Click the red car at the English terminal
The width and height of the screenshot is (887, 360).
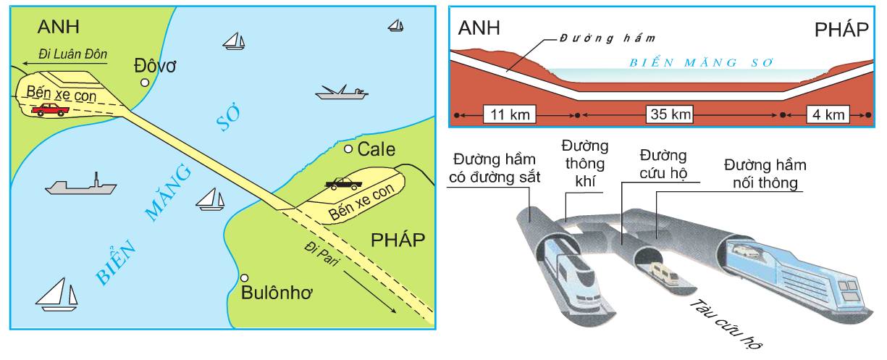coord(50,109)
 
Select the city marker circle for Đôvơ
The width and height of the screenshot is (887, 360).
coord(145,83)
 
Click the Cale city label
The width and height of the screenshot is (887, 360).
coord(377,150)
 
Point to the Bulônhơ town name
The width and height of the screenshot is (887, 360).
coord(275,293)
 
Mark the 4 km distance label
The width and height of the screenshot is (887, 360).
coord(826,114)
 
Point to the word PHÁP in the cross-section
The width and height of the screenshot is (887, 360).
coord(841,30)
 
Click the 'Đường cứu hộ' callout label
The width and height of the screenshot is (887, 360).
coord(663,164)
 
